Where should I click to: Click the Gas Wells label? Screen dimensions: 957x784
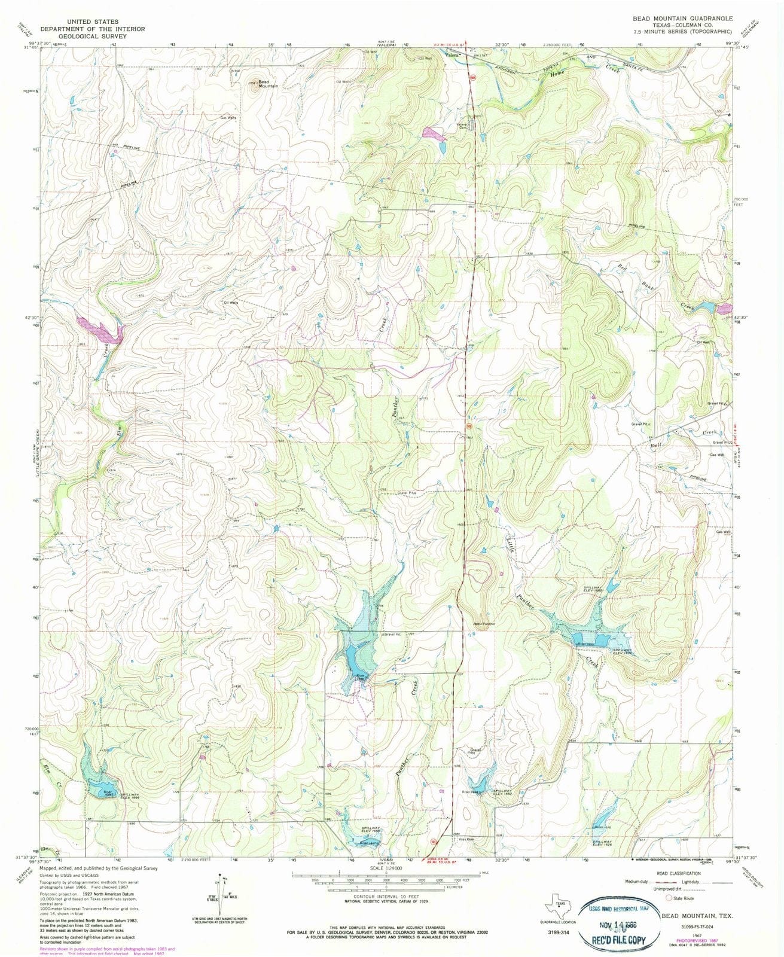pos(228,118)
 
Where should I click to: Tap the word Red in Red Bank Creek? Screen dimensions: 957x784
pos(622,269)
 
